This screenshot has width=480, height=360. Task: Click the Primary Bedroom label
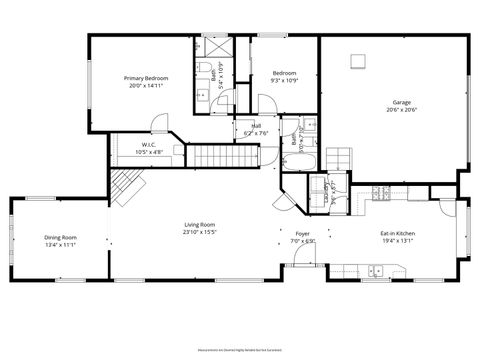(146, 78)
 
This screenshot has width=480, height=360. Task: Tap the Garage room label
(401, 101)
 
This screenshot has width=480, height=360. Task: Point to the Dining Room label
(61, 237)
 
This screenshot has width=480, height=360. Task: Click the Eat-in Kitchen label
(397, 234)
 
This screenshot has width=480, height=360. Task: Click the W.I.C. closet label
(148, 146)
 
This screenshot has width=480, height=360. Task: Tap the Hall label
(256, 126)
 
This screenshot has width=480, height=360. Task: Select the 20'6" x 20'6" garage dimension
(401, 109)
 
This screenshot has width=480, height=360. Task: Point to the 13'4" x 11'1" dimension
(61, 245)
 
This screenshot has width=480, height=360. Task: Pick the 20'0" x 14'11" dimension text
(146, 86)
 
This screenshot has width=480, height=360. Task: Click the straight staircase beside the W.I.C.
(212, 155)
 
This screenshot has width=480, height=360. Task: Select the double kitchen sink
(377, 270)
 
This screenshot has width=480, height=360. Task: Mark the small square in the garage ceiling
(356, 63)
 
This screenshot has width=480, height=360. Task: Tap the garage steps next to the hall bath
(340, 158)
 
